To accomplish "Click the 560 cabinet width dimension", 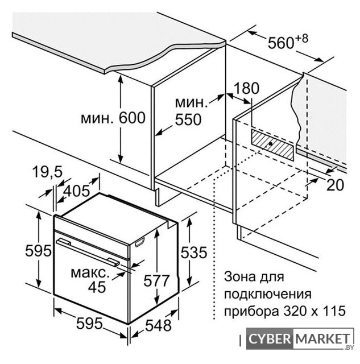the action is [x=281, y=43].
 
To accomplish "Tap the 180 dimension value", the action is [x=246, y=88].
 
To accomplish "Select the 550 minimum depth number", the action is [x=188, y=120].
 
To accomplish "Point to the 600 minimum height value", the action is [x=132, y=118].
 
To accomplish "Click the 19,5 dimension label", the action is [x=47, y=172].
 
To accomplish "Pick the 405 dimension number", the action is [x=77, y=191].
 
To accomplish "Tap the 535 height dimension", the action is [x=194, y=253].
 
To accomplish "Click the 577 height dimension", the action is [x=156, y=280].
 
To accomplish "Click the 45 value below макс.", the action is [x=97, y=287].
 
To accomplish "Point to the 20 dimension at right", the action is [x=335, y=185].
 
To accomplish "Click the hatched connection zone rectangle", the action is [x=272, y=145].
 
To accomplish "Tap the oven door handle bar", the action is [x=88, y=252].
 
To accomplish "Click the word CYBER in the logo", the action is [x=270, y=339].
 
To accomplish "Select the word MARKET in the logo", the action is [x=323, y=339].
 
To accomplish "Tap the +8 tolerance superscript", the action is [x=302, y=39].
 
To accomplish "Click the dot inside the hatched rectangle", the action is [x=270, y=144].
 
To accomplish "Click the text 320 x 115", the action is [x=315, y=311].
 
